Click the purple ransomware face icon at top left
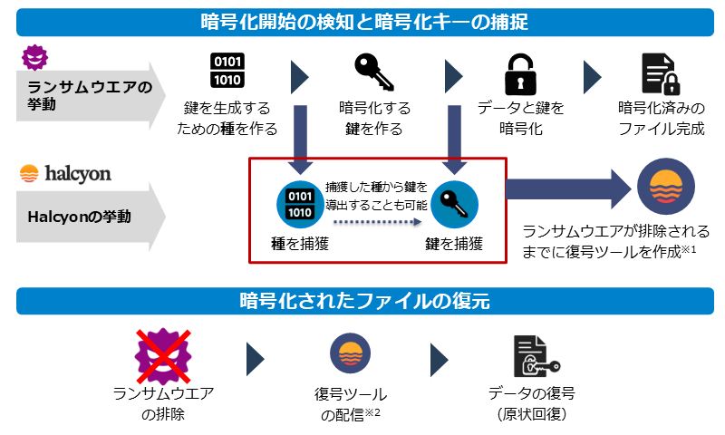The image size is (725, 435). coord(34,59)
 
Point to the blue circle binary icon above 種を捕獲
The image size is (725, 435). coord(298,204)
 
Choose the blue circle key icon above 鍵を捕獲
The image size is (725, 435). coord(453,204)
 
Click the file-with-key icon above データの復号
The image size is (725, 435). coord(535,355)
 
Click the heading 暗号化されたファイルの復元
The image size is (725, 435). coord(363,301)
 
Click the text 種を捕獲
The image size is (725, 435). coord(297,243)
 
